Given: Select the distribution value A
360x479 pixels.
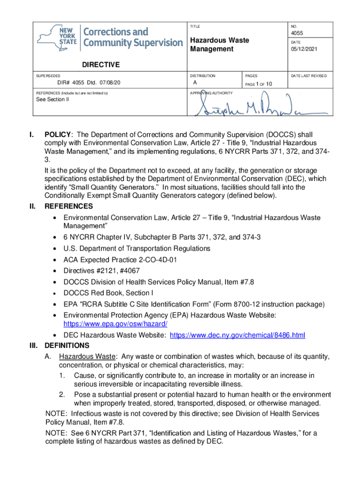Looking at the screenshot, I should coord(195,83).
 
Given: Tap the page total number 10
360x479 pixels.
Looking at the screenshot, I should coord(269,84).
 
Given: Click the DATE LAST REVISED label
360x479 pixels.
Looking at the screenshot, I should coord(309,75).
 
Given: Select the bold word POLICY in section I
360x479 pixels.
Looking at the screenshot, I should coord(58,135).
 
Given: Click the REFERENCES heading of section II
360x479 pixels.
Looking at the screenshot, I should coord(68,206).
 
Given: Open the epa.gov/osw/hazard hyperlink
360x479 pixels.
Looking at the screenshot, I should coord(115,324).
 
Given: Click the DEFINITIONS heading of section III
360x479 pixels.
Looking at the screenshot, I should coord(67,346).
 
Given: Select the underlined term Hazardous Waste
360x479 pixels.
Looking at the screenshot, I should coord(86,357).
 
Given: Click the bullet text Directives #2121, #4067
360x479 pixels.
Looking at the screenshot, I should coord(101,271).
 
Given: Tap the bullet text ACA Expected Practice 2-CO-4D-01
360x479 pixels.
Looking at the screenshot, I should coord(120,260).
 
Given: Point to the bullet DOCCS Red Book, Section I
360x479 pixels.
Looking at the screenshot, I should coord(108,293).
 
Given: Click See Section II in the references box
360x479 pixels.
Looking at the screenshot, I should coord(52,100).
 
